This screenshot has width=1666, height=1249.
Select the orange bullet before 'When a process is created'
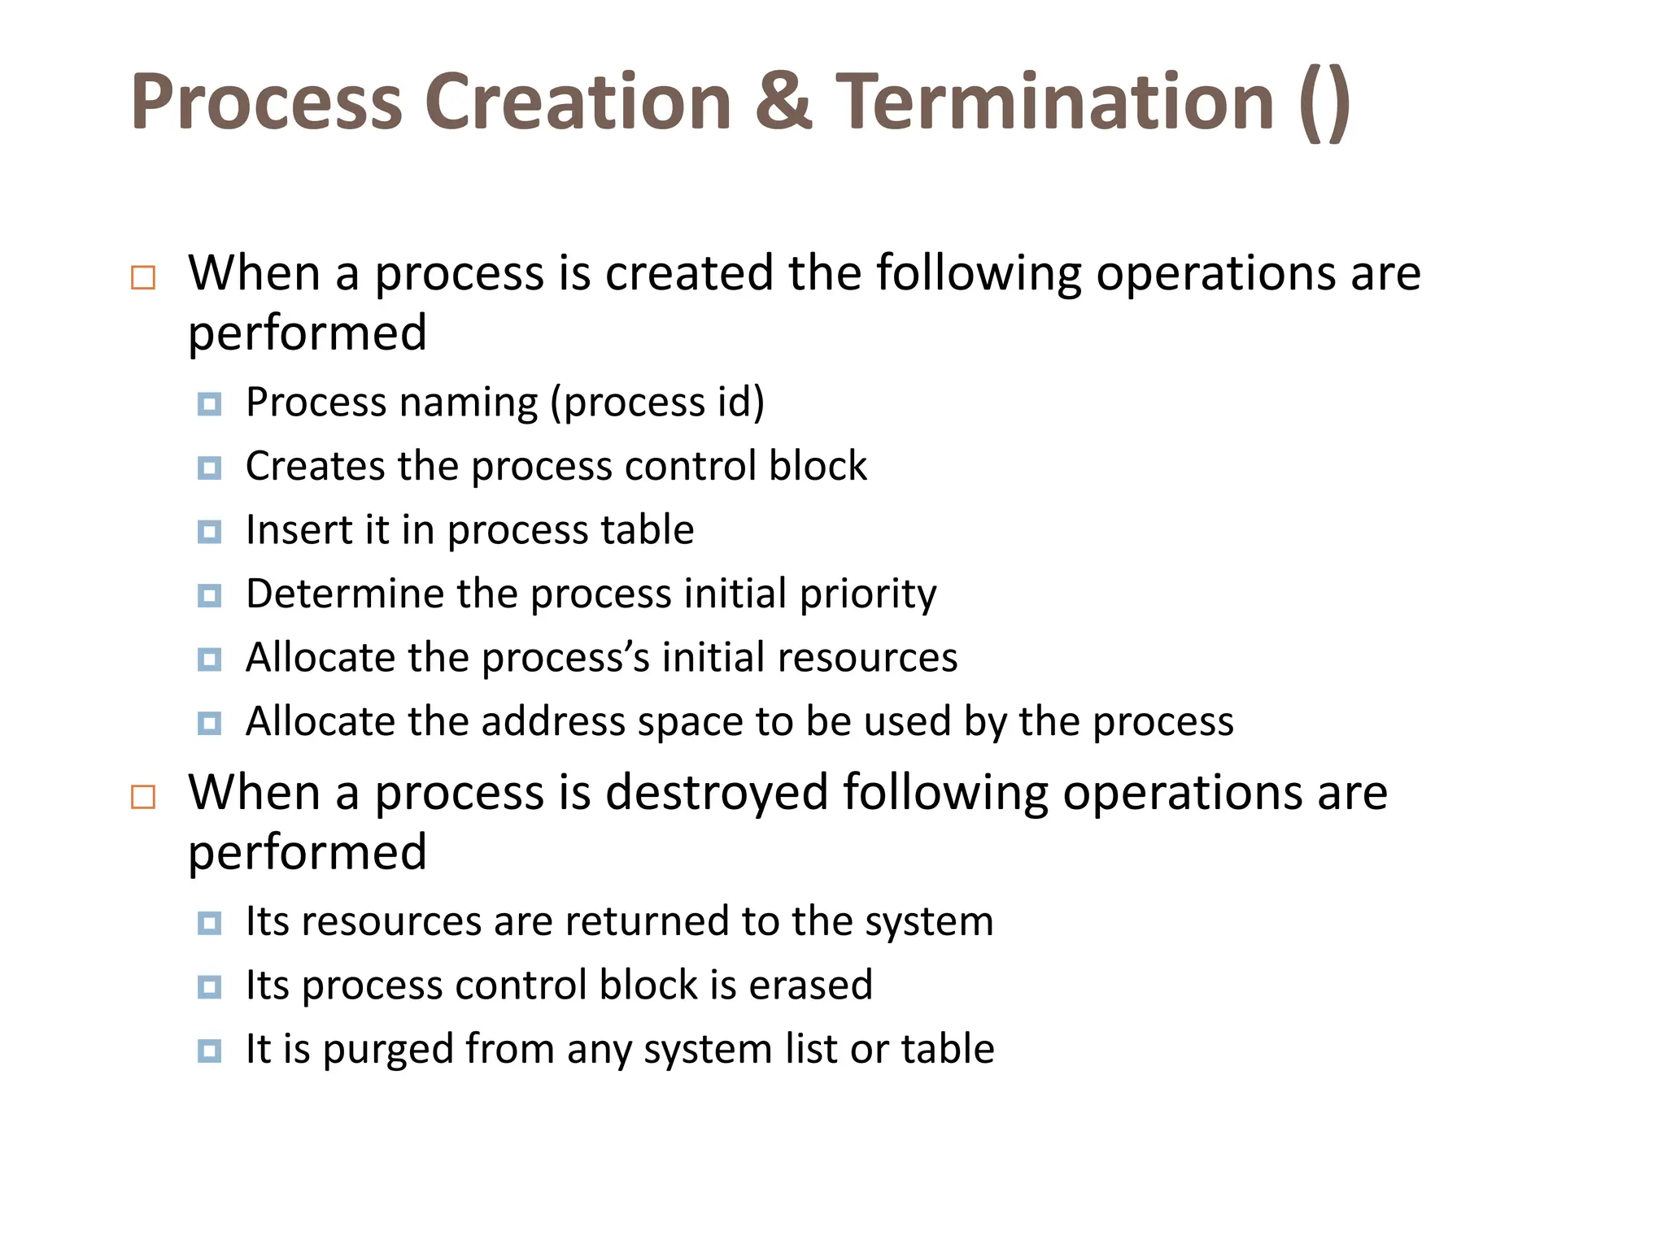(143, 278)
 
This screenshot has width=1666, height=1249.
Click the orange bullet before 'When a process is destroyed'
(143, 797)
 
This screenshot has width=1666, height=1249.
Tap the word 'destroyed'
(717, 793)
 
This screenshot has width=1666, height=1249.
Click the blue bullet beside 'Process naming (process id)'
(209, 404)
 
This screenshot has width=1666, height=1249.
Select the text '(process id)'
(657, 403)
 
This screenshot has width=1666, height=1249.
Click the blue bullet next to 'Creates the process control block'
(209, 468)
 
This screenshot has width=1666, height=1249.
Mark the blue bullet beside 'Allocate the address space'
(209, 723)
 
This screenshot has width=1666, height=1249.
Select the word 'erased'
(810, 985)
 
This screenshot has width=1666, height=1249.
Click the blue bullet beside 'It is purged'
(209, 1051)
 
